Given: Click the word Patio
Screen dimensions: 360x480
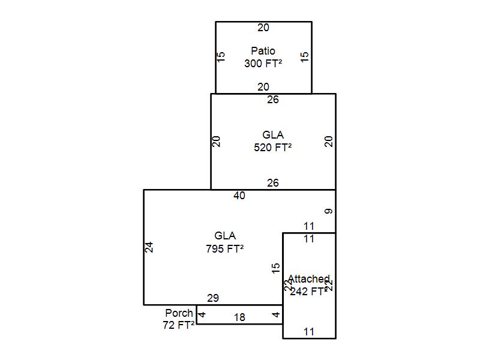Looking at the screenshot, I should [x=263, y=51].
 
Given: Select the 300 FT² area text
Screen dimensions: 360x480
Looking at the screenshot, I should [x=263, y=63].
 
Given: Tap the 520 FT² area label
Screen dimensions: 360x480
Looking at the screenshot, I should [x=273, y=147].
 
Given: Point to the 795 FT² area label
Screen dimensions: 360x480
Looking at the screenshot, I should [x=225, y=248].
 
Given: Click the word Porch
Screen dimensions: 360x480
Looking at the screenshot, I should [x=179, y=313].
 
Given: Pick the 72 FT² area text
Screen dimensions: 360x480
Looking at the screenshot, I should [x=179, y=325].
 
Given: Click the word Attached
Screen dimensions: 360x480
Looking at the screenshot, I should [x=308, y=280].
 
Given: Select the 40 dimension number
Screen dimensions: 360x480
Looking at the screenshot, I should [x=239, y=196].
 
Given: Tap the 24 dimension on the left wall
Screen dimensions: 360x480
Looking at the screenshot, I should [x=149, y=247].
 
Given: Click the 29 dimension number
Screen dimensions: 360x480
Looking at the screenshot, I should [x=213, y=298].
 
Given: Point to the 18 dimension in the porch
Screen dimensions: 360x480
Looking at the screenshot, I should [x=239, y=317].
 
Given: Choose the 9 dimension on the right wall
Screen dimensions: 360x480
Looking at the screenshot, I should [x=328, y=211].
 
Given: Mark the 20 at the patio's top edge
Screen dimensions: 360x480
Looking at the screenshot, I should [x=263, y=28].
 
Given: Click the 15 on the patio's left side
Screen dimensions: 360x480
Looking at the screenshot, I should [x=221, y=57].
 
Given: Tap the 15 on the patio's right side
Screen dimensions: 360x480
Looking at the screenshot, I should [x=305, y=57].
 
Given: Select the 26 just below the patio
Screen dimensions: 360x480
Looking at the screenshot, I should [x=273, y=100].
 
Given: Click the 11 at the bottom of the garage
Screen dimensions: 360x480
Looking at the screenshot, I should [x=309, y=331].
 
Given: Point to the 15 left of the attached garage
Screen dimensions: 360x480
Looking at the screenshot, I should [x=275, y=268].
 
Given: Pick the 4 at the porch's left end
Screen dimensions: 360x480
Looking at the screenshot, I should [x=202, y=314].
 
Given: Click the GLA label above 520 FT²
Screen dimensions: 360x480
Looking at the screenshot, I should [x=273, y=135].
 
